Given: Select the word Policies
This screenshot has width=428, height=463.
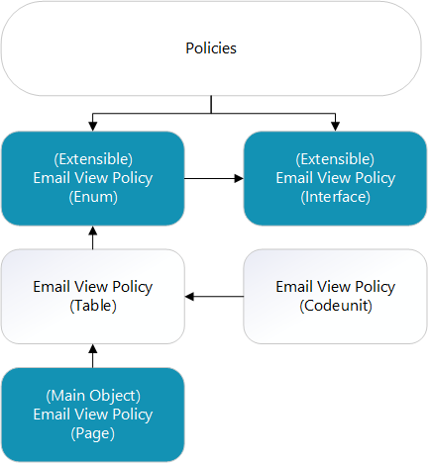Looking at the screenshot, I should (x=212, y=47).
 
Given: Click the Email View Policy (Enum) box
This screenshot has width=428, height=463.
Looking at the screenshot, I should (x=93, y=178).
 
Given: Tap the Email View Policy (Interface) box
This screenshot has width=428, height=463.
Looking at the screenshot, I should (x=336, y=178).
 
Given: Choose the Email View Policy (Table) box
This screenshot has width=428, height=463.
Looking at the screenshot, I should (x=93, y=296).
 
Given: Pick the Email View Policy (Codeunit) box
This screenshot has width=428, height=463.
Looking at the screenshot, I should (x=336, y=296).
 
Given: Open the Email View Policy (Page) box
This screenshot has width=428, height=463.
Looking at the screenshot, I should (x=93, y=414).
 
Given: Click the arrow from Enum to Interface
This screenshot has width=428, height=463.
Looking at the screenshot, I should (x=214, y=179).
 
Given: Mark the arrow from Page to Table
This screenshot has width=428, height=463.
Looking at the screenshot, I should (x=93, y=355).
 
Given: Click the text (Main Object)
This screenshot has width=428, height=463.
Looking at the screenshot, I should (x=93, y=395).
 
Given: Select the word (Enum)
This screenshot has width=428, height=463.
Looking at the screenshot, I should (x=93, y=197).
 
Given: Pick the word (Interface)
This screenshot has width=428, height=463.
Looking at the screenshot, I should (x=336, y=197).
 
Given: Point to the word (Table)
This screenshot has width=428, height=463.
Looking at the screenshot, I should (x=93, y=306).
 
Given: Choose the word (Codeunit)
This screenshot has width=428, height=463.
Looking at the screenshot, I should (x=336, y=306).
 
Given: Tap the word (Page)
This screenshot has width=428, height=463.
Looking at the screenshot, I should (x=93, y=432).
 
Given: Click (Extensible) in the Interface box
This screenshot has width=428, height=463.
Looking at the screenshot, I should (x=336, y=159).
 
